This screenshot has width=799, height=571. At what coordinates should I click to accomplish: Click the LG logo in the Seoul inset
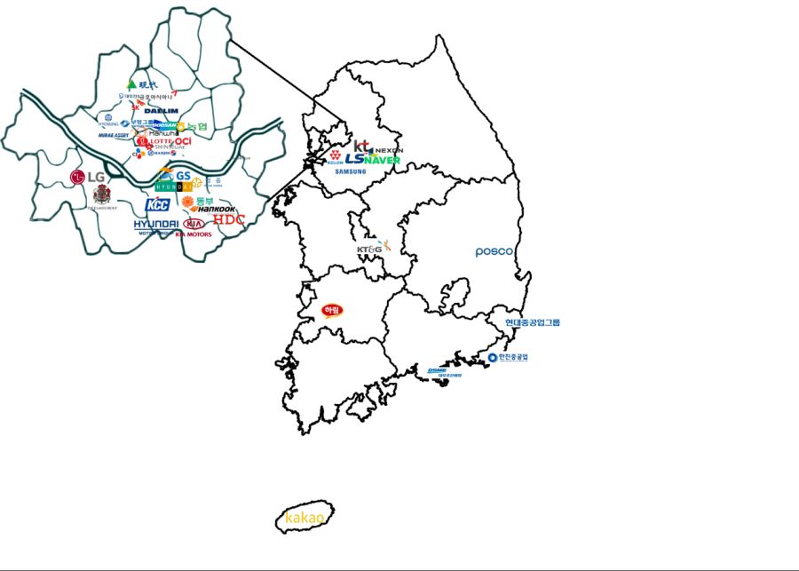pos(88,177)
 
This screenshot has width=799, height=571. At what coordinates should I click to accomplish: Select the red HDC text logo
pos(228,219)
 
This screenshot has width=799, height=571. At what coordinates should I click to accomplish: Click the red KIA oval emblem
pos(193,225)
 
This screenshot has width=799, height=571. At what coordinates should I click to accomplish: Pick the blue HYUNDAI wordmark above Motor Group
pos(156,225)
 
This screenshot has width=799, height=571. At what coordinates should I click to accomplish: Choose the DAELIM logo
pos(161,111)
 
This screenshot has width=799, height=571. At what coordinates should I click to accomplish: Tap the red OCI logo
pos(183,141)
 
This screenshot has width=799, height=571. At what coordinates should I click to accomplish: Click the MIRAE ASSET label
pos(114,136)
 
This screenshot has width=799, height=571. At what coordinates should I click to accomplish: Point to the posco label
pos(494,251)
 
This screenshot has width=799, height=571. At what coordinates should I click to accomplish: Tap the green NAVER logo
pos(385,160)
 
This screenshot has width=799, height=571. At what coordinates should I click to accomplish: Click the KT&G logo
pos(372,249)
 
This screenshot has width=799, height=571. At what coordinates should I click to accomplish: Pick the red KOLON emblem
pos(335,156)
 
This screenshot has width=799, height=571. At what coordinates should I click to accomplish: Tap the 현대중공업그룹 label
pos(533,322)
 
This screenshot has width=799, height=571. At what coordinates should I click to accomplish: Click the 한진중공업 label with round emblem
pos(508,357)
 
